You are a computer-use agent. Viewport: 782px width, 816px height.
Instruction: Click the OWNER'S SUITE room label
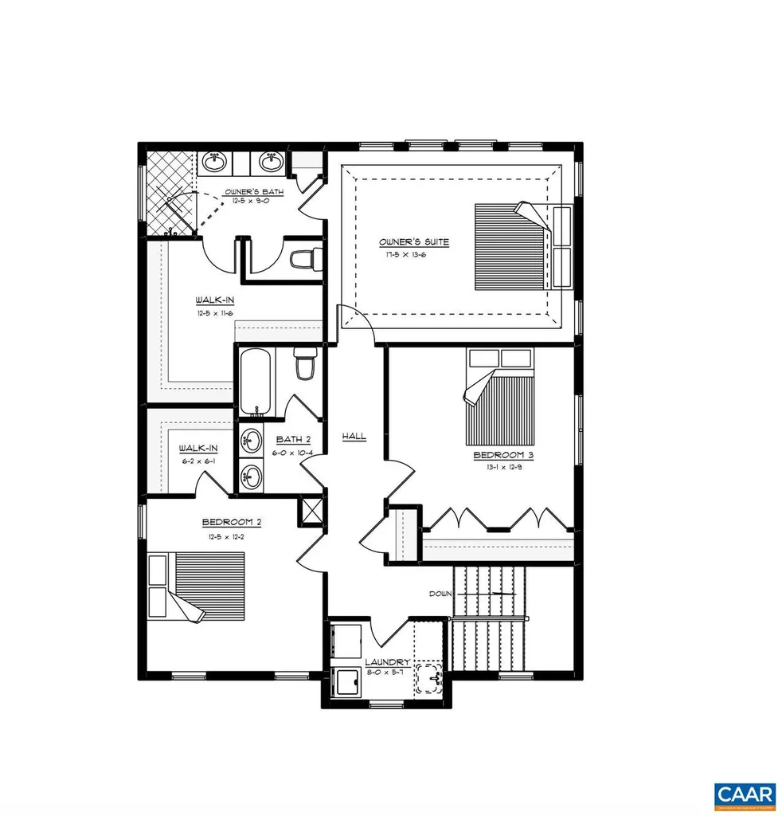[413, 241]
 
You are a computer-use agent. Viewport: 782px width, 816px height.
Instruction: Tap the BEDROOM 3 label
[502, 456]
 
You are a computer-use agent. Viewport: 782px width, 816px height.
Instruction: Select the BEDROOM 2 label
[232, 523]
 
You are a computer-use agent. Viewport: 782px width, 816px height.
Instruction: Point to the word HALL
[354, 436]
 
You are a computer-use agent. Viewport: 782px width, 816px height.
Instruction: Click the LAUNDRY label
[387, 662]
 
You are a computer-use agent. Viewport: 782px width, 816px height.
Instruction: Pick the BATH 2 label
[293, 440]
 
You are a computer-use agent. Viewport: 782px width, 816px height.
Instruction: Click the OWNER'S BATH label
[249, 192]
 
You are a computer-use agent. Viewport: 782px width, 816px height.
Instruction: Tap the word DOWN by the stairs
[440, 594]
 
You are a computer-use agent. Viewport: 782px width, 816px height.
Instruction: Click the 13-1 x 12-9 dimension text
[502, 469]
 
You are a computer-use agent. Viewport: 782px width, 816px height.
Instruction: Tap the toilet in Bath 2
[305, 365]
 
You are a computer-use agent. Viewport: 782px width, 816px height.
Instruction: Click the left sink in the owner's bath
[214, 163]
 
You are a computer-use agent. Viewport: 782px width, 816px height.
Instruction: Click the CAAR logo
[744, 794]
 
